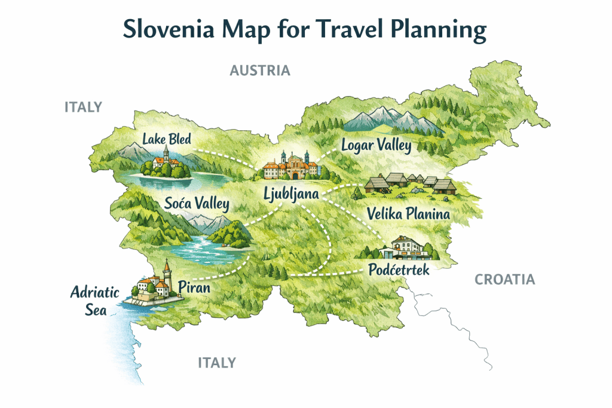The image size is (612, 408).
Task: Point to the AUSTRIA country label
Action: [260, 70]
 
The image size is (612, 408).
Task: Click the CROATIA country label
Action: [504, 279]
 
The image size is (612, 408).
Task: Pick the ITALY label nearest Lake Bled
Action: [83, 107]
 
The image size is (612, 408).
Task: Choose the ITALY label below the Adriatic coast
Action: [216, 363]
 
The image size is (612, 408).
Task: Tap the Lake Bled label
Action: [167, 140]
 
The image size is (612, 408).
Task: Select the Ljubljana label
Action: [292, 193]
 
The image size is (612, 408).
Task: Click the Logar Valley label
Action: [376, 145]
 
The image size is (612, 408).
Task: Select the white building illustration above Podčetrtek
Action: [407, 247]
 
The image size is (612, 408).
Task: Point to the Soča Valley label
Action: [197, 204]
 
